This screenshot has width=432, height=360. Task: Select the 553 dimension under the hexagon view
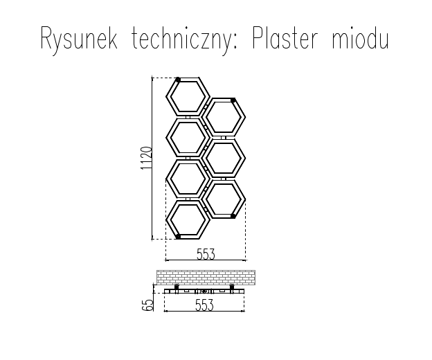point(205,254)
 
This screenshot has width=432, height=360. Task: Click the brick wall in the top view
point(206,277)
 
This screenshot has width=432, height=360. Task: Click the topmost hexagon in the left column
point(187,96)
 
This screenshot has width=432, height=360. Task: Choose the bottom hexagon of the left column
point(187,220)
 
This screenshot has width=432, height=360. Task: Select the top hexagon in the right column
point(226,116)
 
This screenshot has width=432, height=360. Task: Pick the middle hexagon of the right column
point(226,158)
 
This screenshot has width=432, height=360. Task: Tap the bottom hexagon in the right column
point(226,199)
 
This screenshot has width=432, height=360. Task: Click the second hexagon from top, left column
point(187,137)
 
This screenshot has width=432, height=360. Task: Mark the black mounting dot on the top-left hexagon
point(178,80)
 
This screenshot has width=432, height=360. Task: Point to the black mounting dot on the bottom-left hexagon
point(178,237)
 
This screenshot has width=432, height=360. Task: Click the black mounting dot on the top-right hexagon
point(233,100)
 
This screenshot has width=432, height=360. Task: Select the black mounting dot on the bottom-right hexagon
point(233,216)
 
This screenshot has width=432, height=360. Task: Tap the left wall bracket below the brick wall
point(176,287)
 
